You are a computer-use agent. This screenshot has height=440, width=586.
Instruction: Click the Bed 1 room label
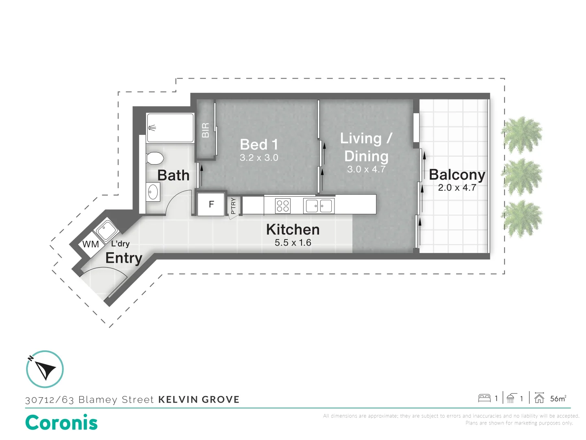259,145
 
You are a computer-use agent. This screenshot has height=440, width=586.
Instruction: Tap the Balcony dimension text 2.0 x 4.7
457,187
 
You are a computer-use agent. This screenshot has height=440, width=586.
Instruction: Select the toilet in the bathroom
155,158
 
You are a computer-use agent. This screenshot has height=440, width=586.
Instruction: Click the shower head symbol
152,128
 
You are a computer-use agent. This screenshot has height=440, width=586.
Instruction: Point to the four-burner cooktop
283,206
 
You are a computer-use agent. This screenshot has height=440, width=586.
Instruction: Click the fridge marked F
211,204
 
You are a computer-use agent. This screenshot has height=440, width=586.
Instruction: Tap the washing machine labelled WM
90,244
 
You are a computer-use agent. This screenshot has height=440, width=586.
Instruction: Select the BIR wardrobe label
206,130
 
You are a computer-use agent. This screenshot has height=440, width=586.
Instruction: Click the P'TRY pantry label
233,206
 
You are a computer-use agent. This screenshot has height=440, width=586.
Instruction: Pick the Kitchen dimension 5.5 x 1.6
293,242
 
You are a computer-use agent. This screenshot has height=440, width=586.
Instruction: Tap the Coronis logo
61,422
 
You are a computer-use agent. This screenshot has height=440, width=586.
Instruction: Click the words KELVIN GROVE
199,400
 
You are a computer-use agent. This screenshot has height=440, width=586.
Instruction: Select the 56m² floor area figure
558,398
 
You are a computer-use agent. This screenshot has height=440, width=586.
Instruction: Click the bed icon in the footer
484,398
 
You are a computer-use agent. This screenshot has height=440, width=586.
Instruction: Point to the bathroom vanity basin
153,192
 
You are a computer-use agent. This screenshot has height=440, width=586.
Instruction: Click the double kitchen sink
319,206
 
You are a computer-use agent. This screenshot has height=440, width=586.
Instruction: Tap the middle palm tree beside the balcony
522,176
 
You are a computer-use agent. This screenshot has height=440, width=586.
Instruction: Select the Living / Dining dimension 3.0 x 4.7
366,169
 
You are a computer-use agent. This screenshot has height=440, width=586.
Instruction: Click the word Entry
124,258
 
